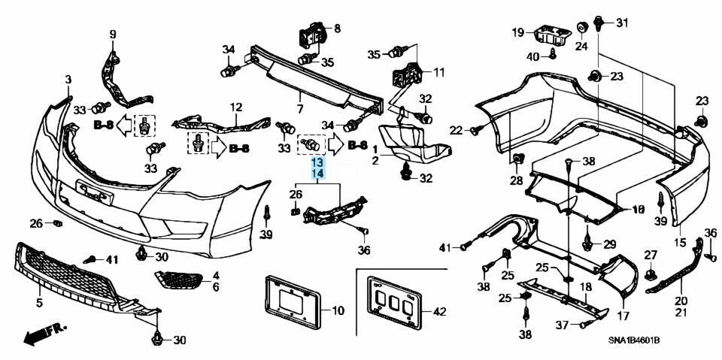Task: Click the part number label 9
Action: pos(114,34)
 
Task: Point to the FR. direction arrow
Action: pos(43,331)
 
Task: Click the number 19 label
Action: pos(518,32)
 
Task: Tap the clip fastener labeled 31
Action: pos(599,23)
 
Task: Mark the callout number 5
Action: pos(39,303)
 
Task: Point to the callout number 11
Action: pos(438,74)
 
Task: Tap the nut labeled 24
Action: pos(582,29)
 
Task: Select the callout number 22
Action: pos(457,131)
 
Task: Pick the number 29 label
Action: pos(610,244)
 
